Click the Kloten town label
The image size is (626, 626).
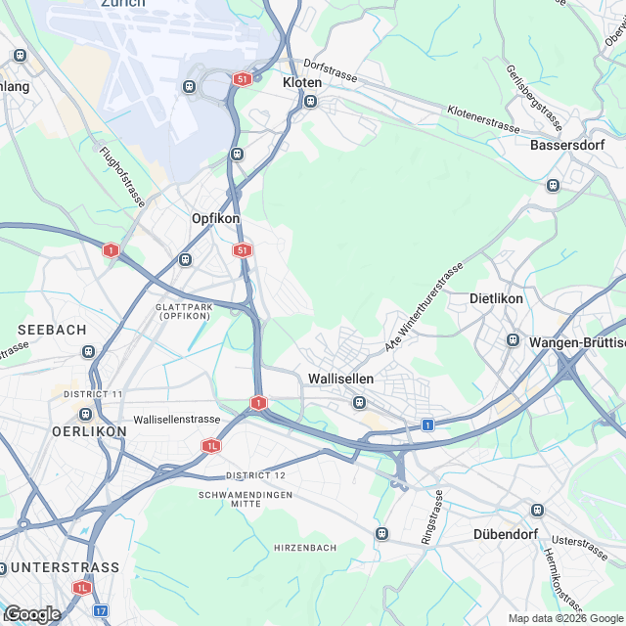(301, 83)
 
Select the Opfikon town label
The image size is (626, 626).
(216, 219)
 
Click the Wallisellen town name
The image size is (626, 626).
(340, 378)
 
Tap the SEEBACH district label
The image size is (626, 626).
(52, 331)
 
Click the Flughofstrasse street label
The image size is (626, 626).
(122, 177)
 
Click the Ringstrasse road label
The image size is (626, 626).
(431, 516)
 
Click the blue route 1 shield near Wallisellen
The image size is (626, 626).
(427, 425)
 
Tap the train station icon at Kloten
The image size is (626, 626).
(312, 101)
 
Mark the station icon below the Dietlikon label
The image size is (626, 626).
(513, 339)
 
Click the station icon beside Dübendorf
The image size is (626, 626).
(536, 511)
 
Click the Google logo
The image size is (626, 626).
(32, 614)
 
